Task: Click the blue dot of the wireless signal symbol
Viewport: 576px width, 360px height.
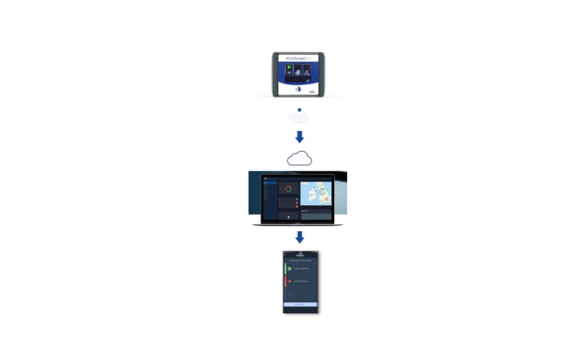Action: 300,110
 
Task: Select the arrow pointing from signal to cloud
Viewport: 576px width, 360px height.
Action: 300,136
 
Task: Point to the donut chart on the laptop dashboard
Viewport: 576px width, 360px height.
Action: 288,189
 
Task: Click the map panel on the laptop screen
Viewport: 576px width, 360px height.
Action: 315,193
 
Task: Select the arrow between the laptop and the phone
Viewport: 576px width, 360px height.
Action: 300,237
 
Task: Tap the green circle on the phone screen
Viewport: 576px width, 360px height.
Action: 290,268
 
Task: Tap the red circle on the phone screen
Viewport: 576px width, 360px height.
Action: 290,281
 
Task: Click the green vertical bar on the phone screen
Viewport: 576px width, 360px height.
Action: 285,268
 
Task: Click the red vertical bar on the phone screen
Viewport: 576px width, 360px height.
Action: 285,281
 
